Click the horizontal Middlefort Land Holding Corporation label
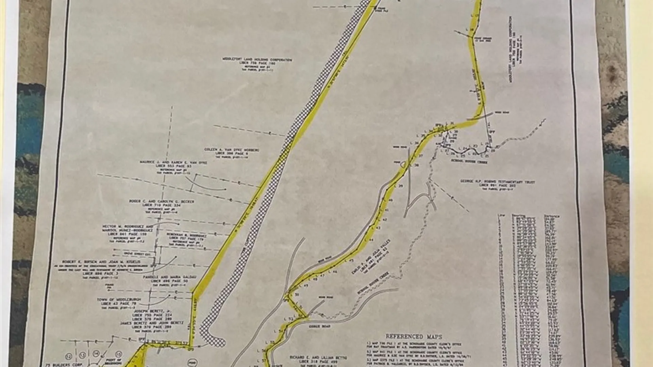[257, 60]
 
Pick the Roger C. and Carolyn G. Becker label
[161, 202]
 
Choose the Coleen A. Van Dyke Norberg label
[232, 150]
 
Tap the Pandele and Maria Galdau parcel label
[169, 277]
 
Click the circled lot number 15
[119, 354]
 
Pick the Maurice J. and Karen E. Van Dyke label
[173, 163]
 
